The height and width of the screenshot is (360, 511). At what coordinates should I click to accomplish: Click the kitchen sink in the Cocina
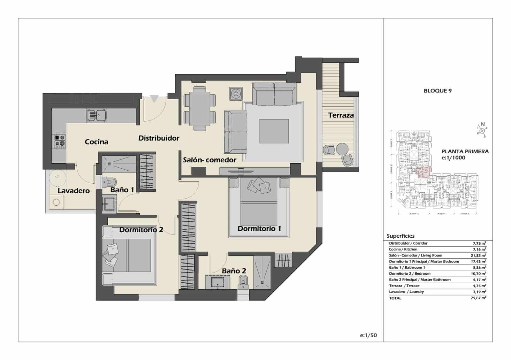(97, 115)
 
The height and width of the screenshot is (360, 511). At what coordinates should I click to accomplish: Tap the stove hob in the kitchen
(60, 142)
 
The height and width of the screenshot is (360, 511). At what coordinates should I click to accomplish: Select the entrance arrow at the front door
(154, 99)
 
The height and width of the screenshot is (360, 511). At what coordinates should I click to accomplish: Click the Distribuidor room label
(159, 138)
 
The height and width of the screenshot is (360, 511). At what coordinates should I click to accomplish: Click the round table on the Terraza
(342, 149)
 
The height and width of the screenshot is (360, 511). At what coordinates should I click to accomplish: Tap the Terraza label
(341, 115)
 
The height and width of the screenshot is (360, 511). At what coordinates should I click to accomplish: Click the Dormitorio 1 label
(259, 228)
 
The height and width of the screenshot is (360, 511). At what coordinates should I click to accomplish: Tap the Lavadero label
(73, 191)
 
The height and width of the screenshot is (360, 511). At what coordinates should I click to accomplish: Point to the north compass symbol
(482, 130)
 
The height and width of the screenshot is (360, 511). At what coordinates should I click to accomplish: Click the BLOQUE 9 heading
(437, 91)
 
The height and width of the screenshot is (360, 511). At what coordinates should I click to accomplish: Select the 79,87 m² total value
(479, 298)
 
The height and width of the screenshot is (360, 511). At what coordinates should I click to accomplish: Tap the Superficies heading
(400, 236)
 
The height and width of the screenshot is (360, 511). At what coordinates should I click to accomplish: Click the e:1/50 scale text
(368, 335)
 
